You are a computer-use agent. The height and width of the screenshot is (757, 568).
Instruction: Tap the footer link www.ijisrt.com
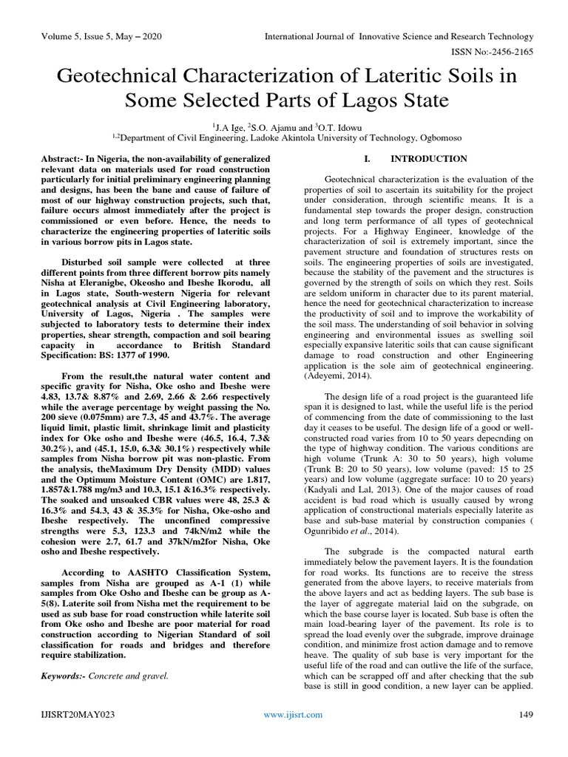[294, 714]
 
